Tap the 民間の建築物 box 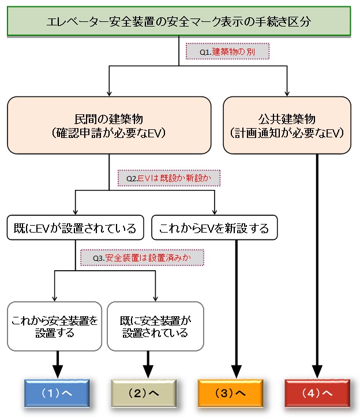coord(108,125)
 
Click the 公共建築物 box coord(287,125)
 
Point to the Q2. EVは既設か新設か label coord(170,178)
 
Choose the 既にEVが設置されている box coord(75,228)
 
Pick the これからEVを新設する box coord(215,228)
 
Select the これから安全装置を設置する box coord(55,326)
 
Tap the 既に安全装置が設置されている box coord(155,326)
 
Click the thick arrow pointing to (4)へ coord(317,260)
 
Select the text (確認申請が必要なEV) coord(108,132)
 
